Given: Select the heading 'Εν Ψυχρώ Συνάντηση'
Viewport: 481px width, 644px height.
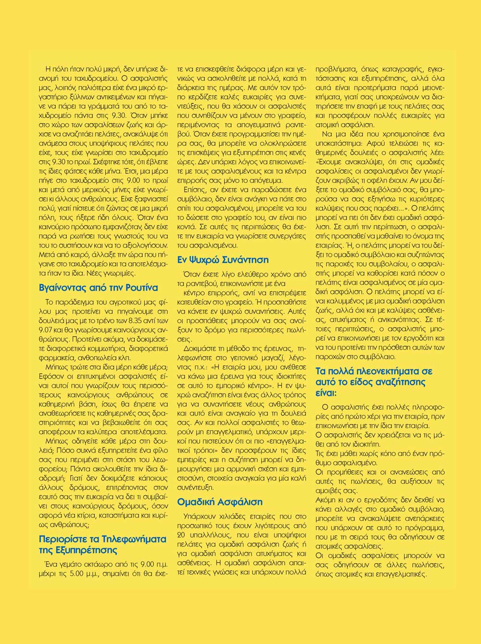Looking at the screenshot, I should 223,260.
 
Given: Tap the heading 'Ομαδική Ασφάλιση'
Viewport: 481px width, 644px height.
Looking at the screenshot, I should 220,502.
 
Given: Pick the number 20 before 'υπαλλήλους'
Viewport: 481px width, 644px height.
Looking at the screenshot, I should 182,535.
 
